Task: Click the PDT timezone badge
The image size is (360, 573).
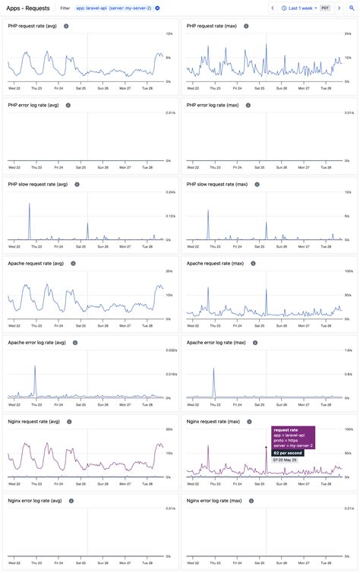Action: [325, 8]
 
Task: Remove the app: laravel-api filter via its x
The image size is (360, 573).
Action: [157, 8]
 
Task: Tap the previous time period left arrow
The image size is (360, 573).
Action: [273, 8]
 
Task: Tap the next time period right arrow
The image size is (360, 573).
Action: [339, 8]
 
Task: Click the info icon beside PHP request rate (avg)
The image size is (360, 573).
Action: [66, 26]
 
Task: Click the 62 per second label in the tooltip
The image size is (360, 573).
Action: [287, 453]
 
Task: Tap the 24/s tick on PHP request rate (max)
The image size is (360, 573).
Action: [347, 34]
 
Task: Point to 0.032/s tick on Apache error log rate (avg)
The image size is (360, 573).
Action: [170, 350]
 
